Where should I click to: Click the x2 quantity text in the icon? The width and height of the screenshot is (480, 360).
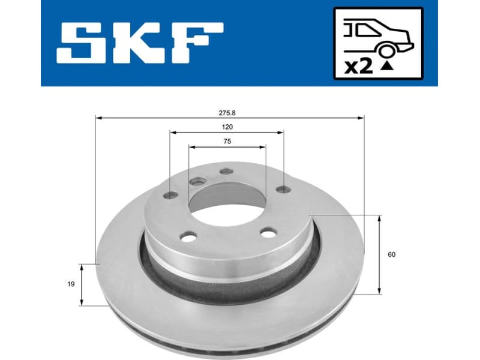point(359,66)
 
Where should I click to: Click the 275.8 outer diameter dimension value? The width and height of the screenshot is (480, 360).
point(227,112)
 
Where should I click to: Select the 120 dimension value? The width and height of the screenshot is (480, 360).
point(227,127)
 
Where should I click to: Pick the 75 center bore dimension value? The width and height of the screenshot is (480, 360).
point(227,142)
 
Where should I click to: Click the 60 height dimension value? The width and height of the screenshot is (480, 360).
point(392,254)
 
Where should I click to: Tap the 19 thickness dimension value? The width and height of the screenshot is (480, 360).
point(71,284)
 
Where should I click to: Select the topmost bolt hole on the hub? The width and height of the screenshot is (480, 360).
point(226,172)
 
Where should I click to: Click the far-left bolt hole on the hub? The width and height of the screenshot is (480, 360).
point(171,194)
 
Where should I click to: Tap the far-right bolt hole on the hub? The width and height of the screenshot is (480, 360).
point(283,190)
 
